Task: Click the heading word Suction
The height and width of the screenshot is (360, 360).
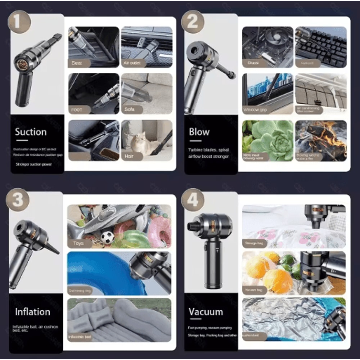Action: click(x=31, y=132)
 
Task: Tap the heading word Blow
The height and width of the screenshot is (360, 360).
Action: click(x=199, y=132)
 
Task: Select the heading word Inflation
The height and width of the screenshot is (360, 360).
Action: click(x=32, y=311)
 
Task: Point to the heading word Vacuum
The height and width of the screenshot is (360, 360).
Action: click(x=206, y=311)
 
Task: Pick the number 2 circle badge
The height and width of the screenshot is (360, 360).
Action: click(x=193, y=22)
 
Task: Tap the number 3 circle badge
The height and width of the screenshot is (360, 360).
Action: click(x=18, y=200)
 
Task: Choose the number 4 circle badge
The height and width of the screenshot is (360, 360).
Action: click(x=193, y=200)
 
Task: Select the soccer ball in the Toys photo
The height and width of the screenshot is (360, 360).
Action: click(x=107, y=237)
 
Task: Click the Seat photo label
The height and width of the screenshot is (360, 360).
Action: click(x=77, y=63)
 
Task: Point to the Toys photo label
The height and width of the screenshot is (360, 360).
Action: click(x=78, y=243)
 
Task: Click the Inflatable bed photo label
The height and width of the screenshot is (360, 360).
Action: click(x=80, y=337)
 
